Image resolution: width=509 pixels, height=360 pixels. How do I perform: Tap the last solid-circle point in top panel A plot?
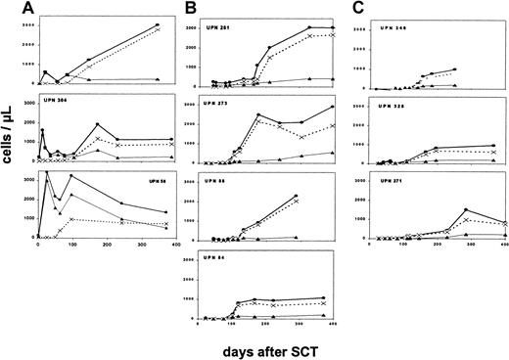157,25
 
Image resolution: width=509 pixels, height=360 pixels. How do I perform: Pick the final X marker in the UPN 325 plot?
492,153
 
